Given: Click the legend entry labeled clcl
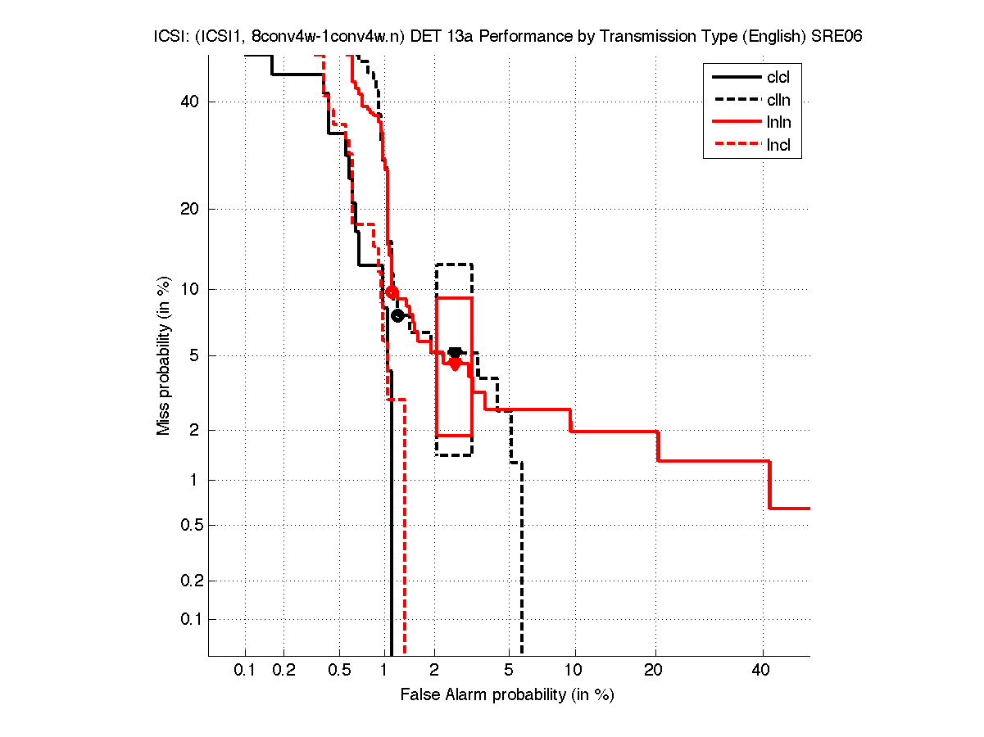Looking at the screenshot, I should pyautogui.click(x=778, y=78).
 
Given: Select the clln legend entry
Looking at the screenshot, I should pyautogui.click(x=778, y=101).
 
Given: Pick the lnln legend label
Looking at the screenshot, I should pyautogui.click(x=778, y=123).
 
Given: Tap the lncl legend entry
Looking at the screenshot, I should pyautogui.click(x=778, y=146).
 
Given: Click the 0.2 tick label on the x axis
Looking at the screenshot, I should pyautogui.click(x=284, y=671).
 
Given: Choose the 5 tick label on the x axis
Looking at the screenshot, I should pyautogui.click(x=509, y=671).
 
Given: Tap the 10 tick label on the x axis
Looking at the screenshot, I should pyautogui.click(x=574, y=671).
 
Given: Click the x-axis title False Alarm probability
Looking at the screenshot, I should pyautogui.click(x=507, y=695).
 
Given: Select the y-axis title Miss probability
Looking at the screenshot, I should pyautogui.click(x=165, y=355).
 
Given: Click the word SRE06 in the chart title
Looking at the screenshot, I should pyautogui.click(x=834, y=38).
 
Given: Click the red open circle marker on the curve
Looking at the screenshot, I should pyautogui.click(x=392, y=292).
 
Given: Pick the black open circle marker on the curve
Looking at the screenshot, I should pyautogui.click(x=398, y=315).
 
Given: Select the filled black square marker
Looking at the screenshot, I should pyautogui.click(x=456, y=352).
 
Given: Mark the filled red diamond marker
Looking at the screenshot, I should pyautogui.click(x=456, y=364).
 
